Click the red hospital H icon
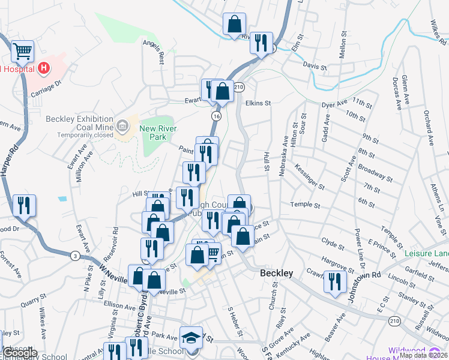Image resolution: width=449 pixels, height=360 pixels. point(43,68)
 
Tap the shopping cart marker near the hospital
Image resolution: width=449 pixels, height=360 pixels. point(23,52)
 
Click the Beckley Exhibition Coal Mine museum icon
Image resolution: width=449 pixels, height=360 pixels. point(122,125)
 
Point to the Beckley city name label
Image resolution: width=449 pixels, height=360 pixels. point(277,274)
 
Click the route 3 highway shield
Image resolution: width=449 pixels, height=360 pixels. point(74,256)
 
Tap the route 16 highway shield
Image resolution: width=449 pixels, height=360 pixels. point(215,115)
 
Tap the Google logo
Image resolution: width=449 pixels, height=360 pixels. point(20,353)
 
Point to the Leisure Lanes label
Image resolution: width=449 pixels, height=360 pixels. point(427,254)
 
